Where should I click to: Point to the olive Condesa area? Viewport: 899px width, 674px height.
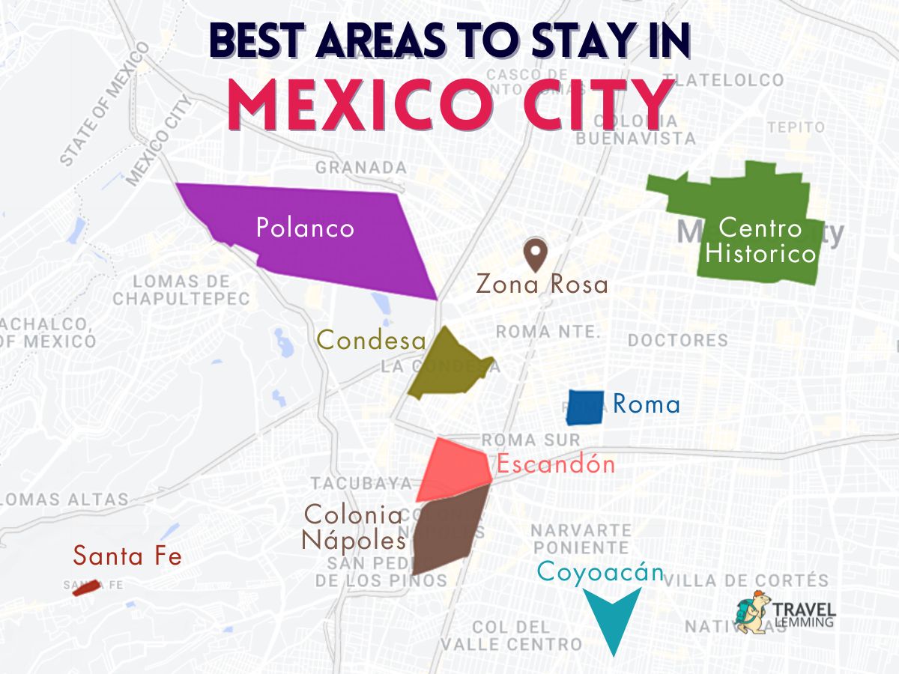[x=446, y=367]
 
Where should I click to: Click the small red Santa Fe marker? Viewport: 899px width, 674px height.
[x=85, y=588]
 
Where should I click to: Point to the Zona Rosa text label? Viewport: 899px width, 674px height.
[x=542, y=286]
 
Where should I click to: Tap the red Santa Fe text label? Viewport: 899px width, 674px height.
[x=127, y=556]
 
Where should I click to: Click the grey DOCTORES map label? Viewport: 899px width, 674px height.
[x=677, y=340]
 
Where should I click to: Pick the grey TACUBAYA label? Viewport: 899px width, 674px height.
[x=361, y=482]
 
